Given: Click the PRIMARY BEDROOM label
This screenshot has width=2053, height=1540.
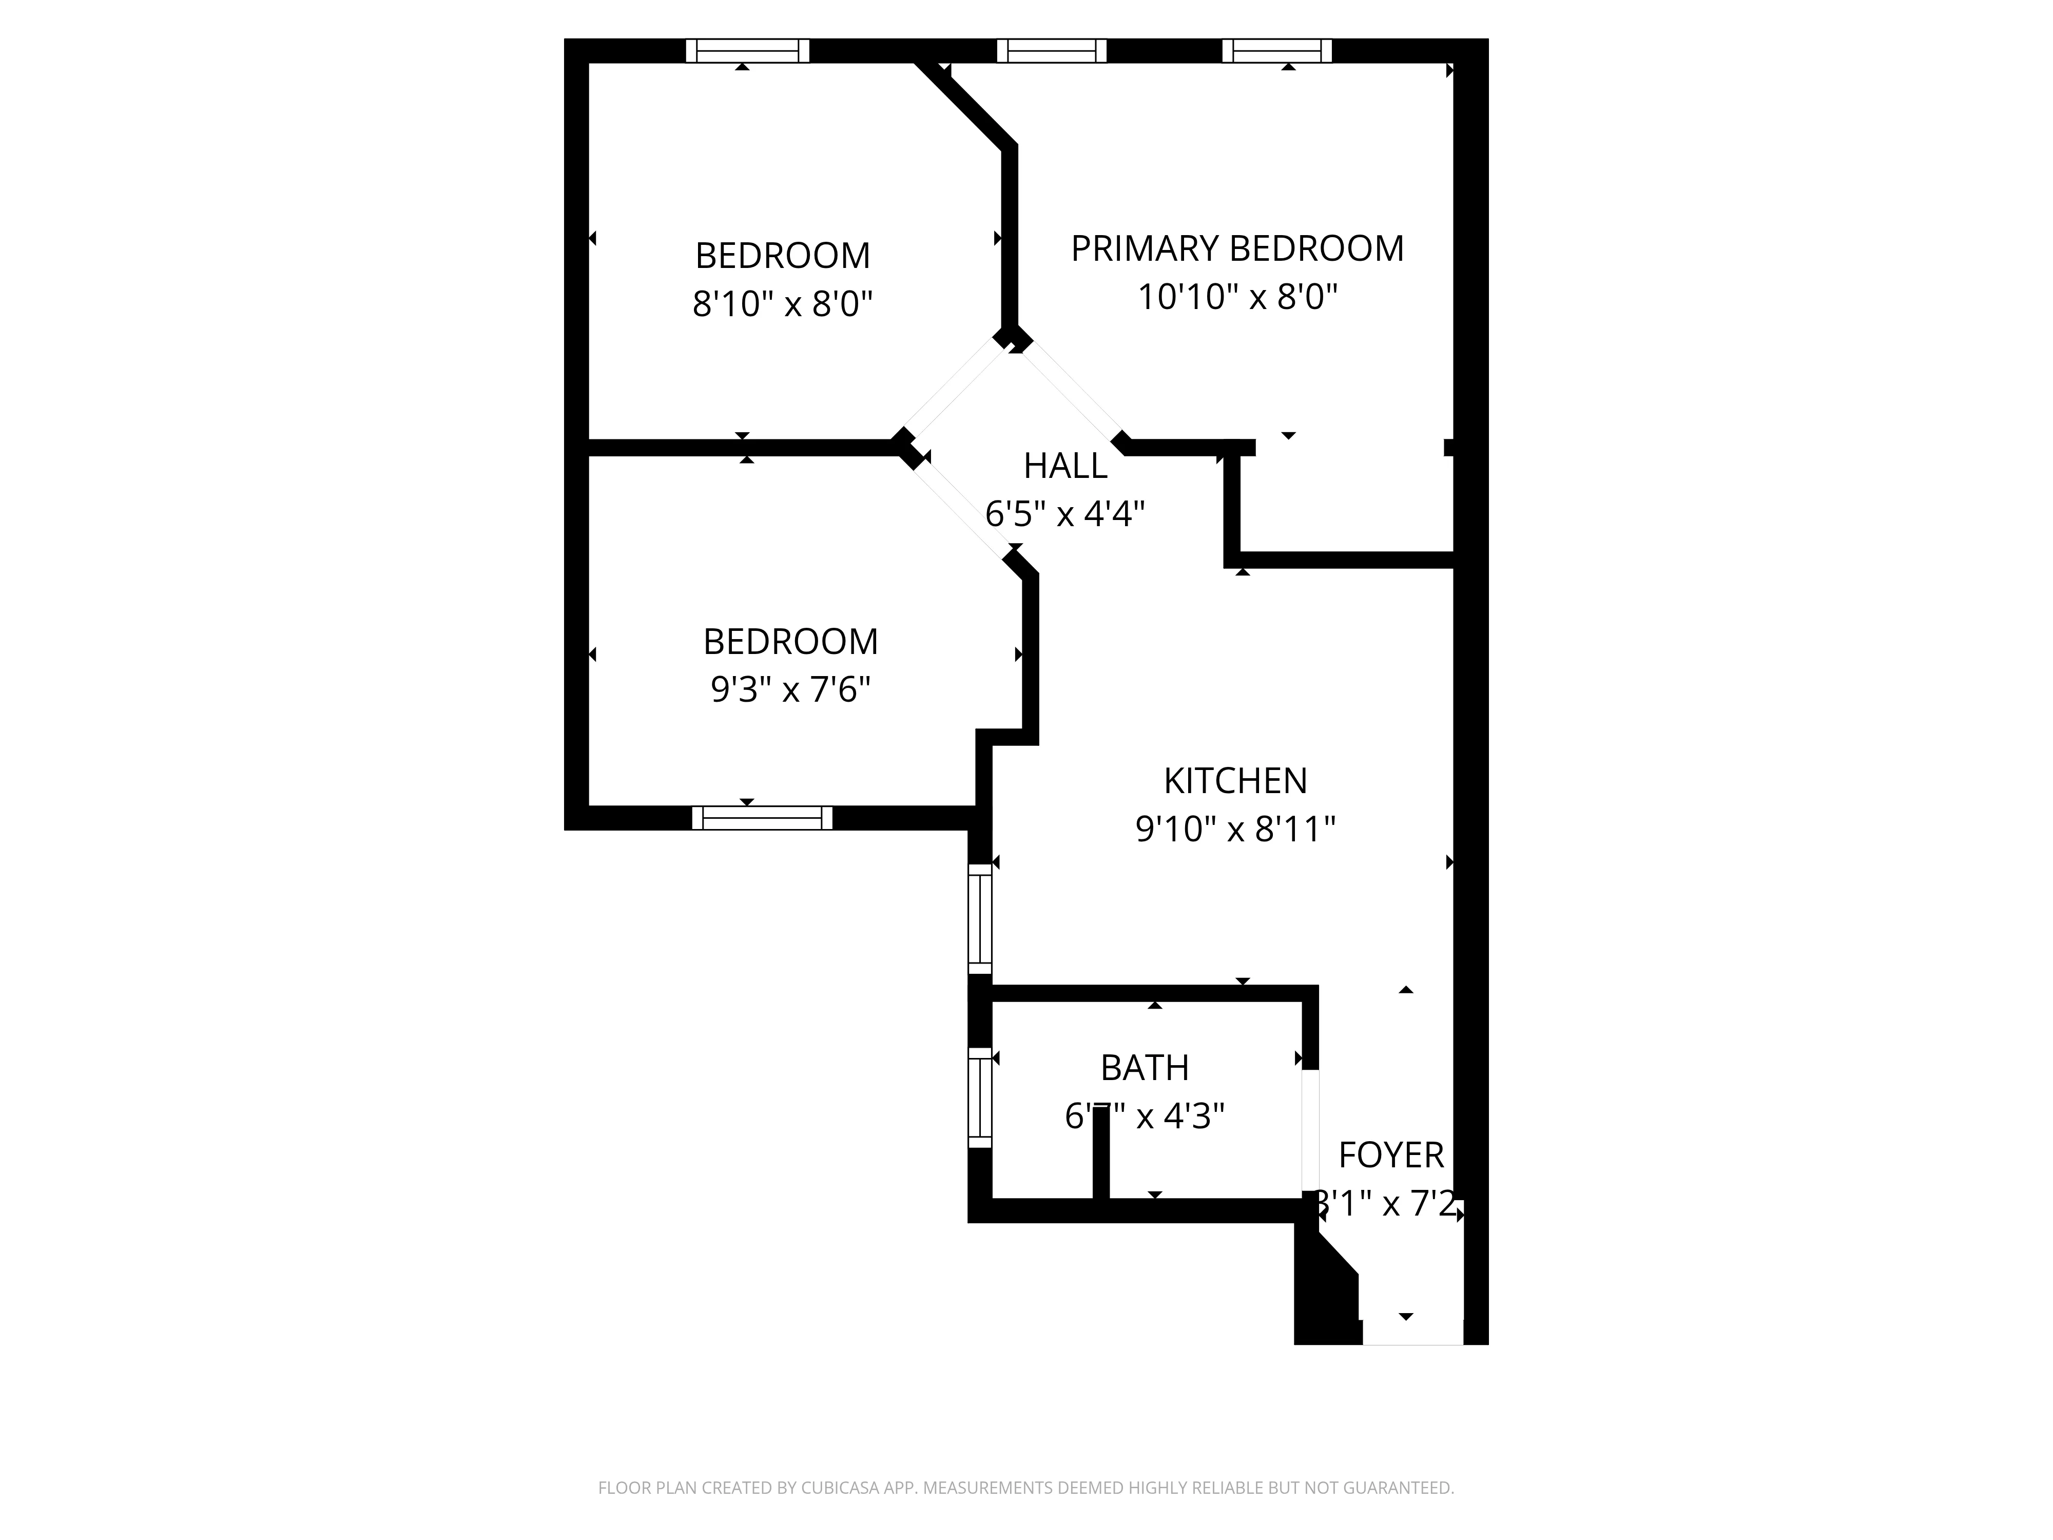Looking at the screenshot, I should (x=1236, y=249).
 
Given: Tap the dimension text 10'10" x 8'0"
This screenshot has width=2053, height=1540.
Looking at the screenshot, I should (x=1236, y=298).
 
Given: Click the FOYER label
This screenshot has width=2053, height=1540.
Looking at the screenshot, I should (x=1390, y=1156).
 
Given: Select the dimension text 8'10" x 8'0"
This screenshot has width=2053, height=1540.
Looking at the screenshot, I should (x=782, y=303).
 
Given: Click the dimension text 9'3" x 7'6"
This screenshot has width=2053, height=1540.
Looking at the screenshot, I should (x=790, y=690).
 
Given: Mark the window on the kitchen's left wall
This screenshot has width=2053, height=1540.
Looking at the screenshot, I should (x=980, y=919).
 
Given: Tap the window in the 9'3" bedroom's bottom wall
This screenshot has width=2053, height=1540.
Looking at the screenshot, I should (x=762, y=818).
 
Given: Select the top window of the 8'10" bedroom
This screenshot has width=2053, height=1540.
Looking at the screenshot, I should (x=747, y=51).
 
